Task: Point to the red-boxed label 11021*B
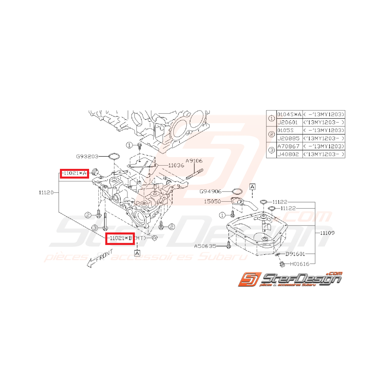[119, 239]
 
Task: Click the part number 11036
[176, 166]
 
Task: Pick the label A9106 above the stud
[194, 161]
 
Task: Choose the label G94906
[211, 191]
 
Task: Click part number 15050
[212, 200]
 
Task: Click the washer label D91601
[296, 254]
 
